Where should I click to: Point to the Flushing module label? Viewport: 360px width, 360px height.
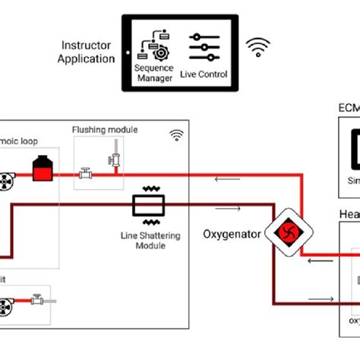coord(105,130)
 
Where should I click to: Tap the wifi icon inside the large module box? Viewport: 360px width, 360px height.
coord(176,135)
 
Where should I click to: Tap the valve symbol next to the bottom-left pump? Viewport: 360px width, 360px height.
coord(36,302)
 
